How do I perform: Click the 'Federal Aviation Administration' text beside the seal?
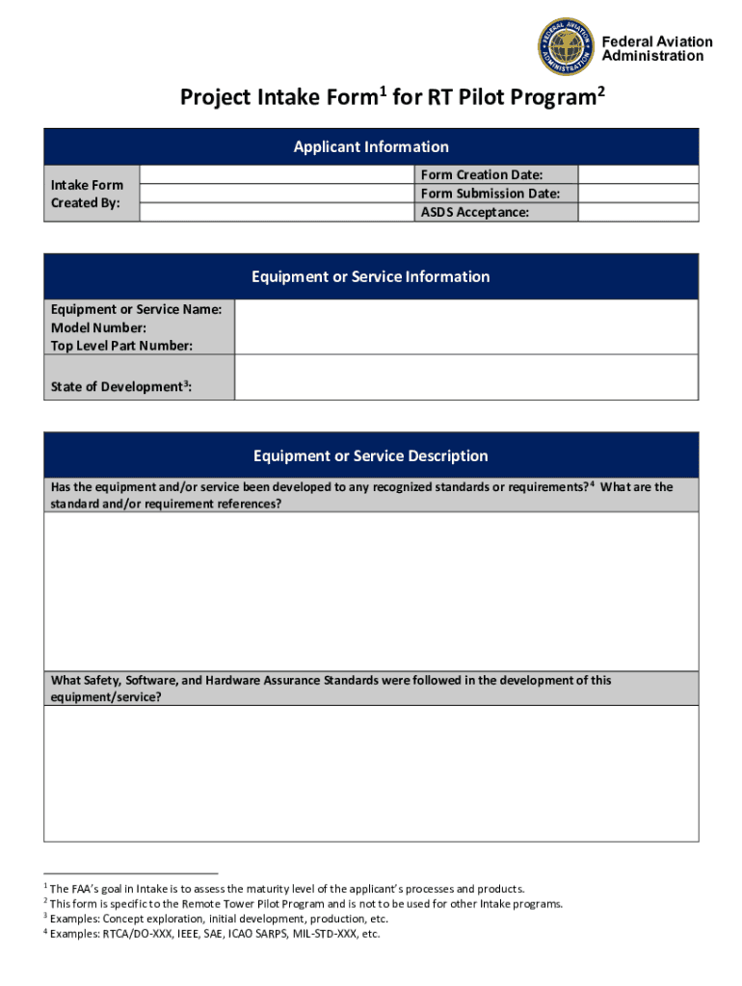pos(657,48)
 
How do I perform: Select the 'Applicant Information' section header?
pos(371,146)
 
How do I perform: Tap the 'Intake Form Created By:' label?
pos(87,194)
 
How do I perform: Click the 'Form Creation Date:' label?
pos(482,174)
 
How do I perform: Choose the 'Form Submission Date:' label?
pos(490,194)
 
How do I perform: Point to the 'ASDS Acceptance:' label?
pos(474,212)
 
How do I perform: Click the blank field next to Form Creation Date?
pos(638,174)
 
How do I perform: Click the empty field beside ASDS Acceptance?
pos(638,212)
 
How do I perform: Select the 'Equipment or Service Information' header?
pos(371,276)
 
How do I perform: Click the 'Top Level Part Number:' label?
pos(121,346)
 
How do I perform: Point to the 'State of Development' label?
pos(120,387)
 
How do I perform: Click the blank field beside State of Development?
pos(465,376)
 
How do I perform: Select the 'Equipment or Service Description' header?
pos(371,455)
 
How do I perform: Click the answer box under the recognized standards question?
pos(371,590)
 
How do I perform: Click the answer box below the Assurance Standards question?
pos(371,772)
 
